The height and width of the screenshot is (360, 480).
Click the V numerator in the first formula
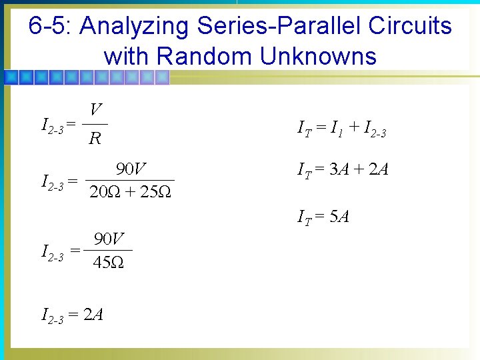pyautogui.click(x=96, y=110)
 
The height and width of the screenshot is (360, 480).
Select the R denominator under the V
pyautogui.click(x=95, y=139)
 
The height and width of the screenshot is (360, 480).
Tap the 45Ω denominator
pyautogui.click(x=107, y=263)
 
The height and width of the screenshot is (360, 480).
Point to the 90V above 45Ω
pyautogui.click(x=109, y=238)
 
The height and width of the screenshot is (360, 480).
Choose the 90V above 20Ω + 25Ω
pyautogui.click(x=131, y=168)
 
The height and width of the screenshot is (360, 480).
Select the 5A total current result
pyautogui.click(x=339, y=217)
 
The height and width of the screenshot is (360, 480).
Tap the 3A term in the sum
pyautogui.click(x=339, y=169)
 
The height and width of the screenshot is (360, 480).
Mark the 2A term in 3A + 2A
pyautogui.click(x=378, y=169)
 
